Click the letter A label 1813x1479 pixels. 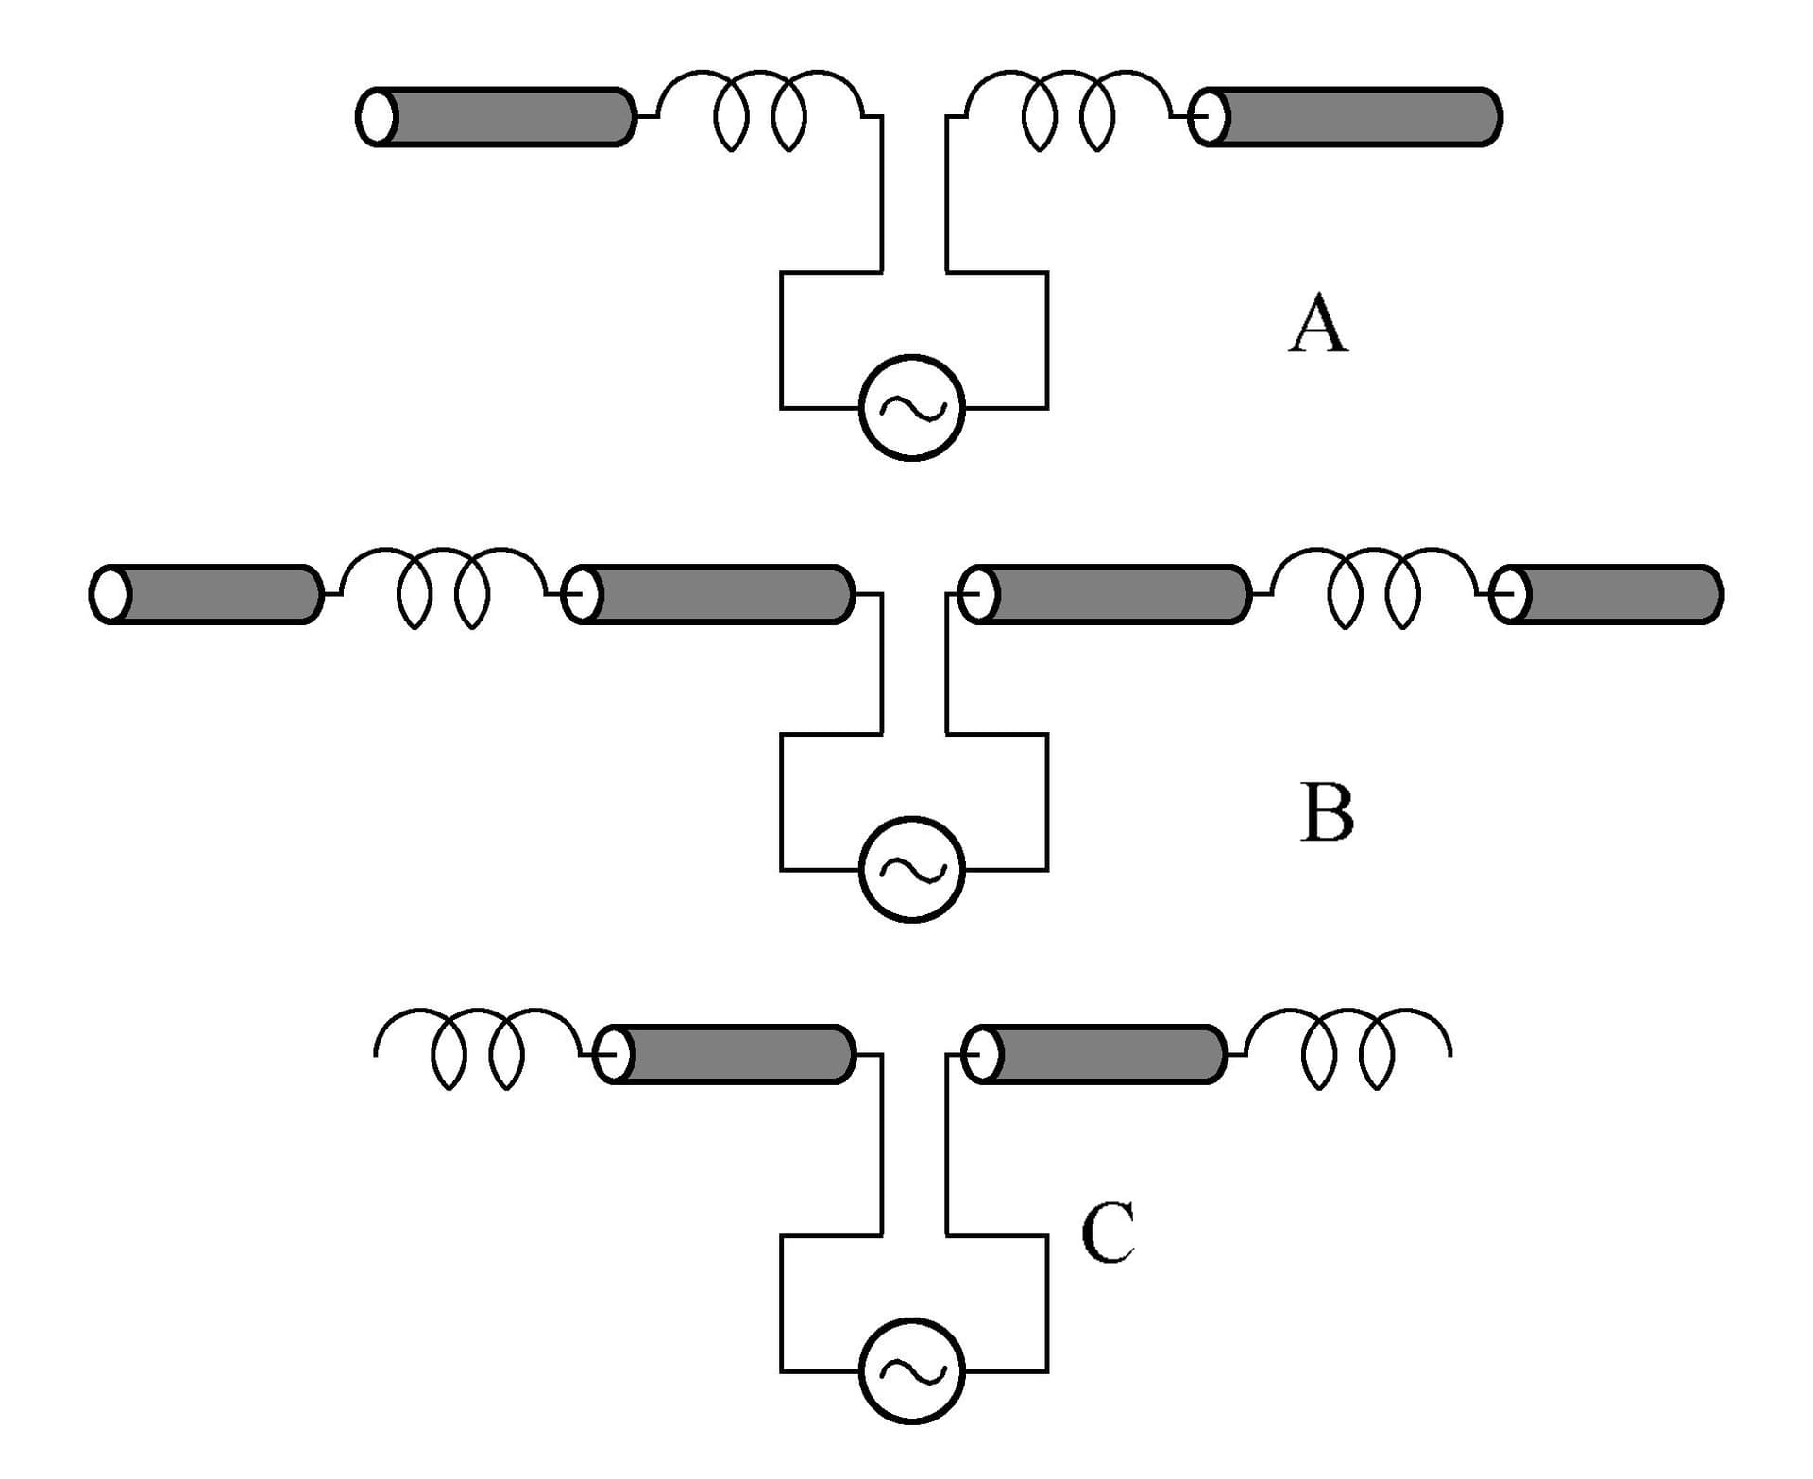coord(1318,323)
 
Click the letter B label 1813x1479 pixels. coord(1327,812)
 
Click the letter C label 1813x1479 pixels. coord(1108,1232)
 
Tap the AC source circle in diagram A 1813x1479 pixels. coord(911,408)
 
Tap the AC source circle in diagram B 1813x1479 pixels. coord(911,869)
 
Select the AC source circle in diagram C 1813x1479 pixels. coord(911,1370)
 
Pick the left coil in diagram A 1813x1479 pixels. coord(760,109)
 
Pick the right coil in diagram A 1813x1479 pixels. coord(1068,109)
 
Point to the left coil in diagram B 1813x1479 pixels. coord(443,586)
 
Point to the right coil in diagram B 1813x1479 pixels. coord(1373,586)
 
